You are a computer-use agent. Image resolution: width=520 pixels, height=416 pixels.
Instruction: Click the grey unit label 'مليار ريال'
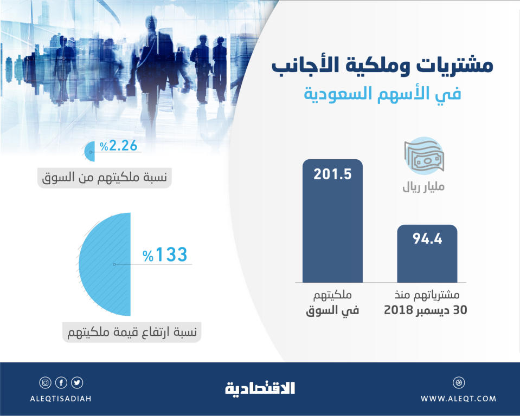pos(423,188)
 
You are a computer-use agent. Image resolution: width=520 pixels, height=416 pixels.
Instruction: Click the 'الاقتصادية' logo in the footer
pos(260,388)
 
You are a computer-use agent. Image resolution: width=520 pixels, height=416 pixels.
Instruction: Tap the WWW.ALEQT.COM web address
pos(458,399)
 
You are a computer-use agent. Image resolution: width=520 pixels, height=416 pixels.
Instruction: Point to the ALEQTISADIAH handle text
pos(61,399)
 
